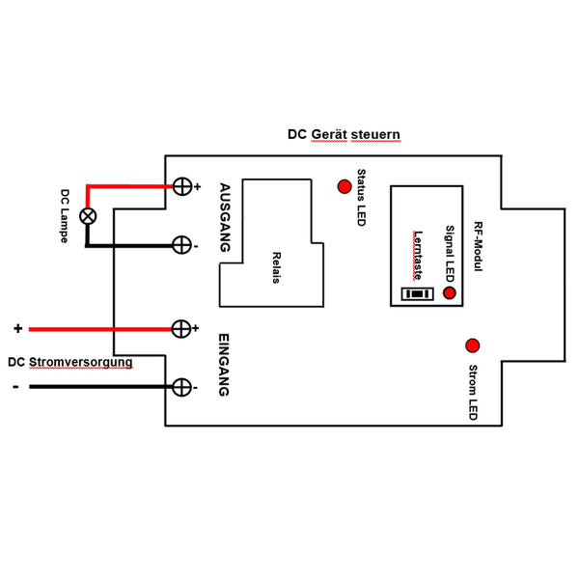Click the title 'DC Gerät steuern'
pos(344,134)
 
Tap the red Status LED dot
pos(343,186)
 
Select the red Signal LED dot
pos(450,291)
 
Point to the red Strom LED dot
pos(473,345)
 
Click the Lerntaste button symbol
pos(416,292)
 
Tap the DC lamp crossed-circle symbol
pos(88,216)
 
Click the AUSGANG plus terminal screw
pos(180,186)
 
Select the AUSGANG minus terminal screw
pos(180,245)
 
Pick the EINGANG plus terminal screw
pos(180,329)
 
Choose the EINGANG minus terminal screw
pos(180,387)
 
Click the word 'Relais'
pos(276,267)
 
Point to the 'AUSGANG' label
pos(225,217)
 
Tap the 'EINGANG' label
pos(224,365)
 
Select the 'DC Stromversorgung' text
pos(69,363)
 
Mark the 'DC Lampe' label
pos(65,214)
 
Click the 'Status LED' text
pos(361,198)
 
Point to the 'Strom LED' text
pos(472,392)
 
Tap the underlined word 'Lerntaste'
pos(418,253)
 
